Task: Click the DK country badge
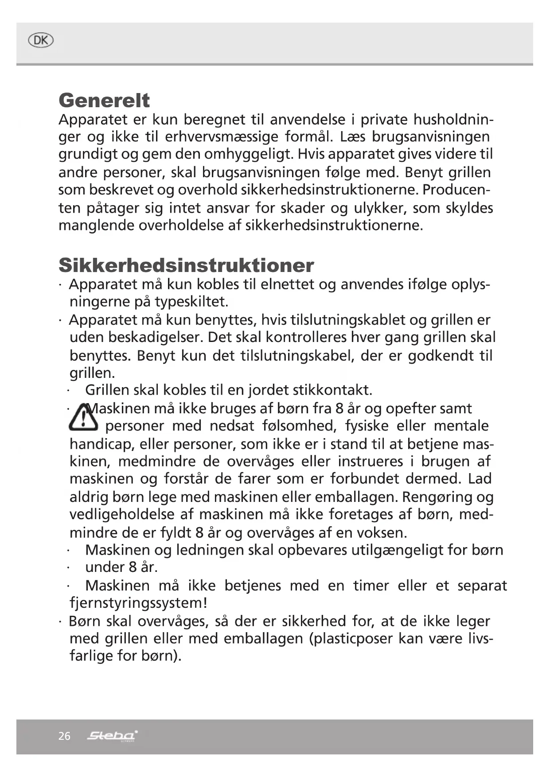[x=40, y=41]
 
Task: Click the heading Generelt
[x=104, y=101]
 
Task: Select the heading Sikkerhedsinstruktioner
[x=186, y=265]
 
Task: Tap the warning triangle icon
[x=83, y=417]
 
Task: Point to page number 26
[x=64, y=736]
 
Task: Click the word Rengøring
[x=437, y=497]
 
